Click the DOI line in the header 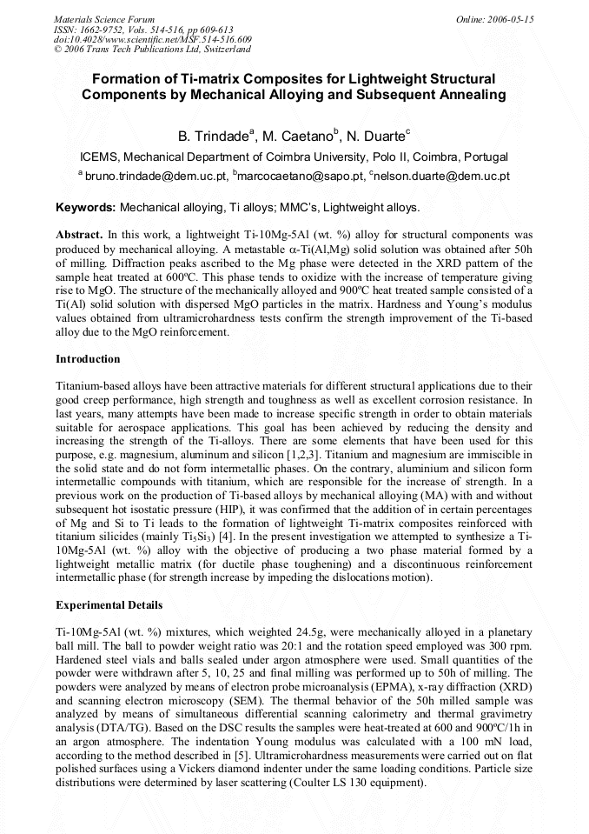tap(153, 39)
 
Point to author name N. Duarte tap(374, 137)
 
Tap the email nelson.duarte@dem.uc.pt tap(442, 176)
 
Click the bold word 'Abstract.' tap(80, 235)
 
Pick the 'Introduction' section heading tap(88, 359)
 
